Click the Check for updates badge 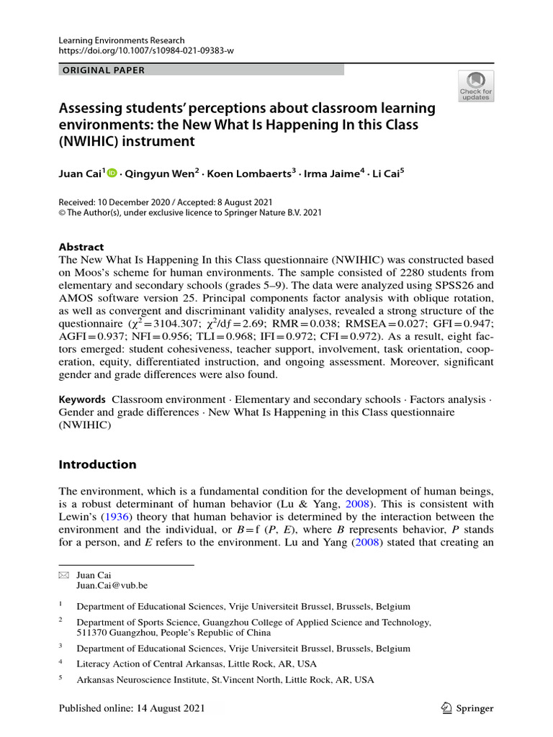[476, 86]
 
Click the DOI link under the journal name [146, 50]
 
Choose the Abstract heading [81, 246]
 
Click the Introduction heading [97, 464]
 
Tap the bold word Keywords [82, 399]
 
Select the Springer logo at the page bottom [467, 708]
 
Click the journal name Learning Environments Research [122, 40]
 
